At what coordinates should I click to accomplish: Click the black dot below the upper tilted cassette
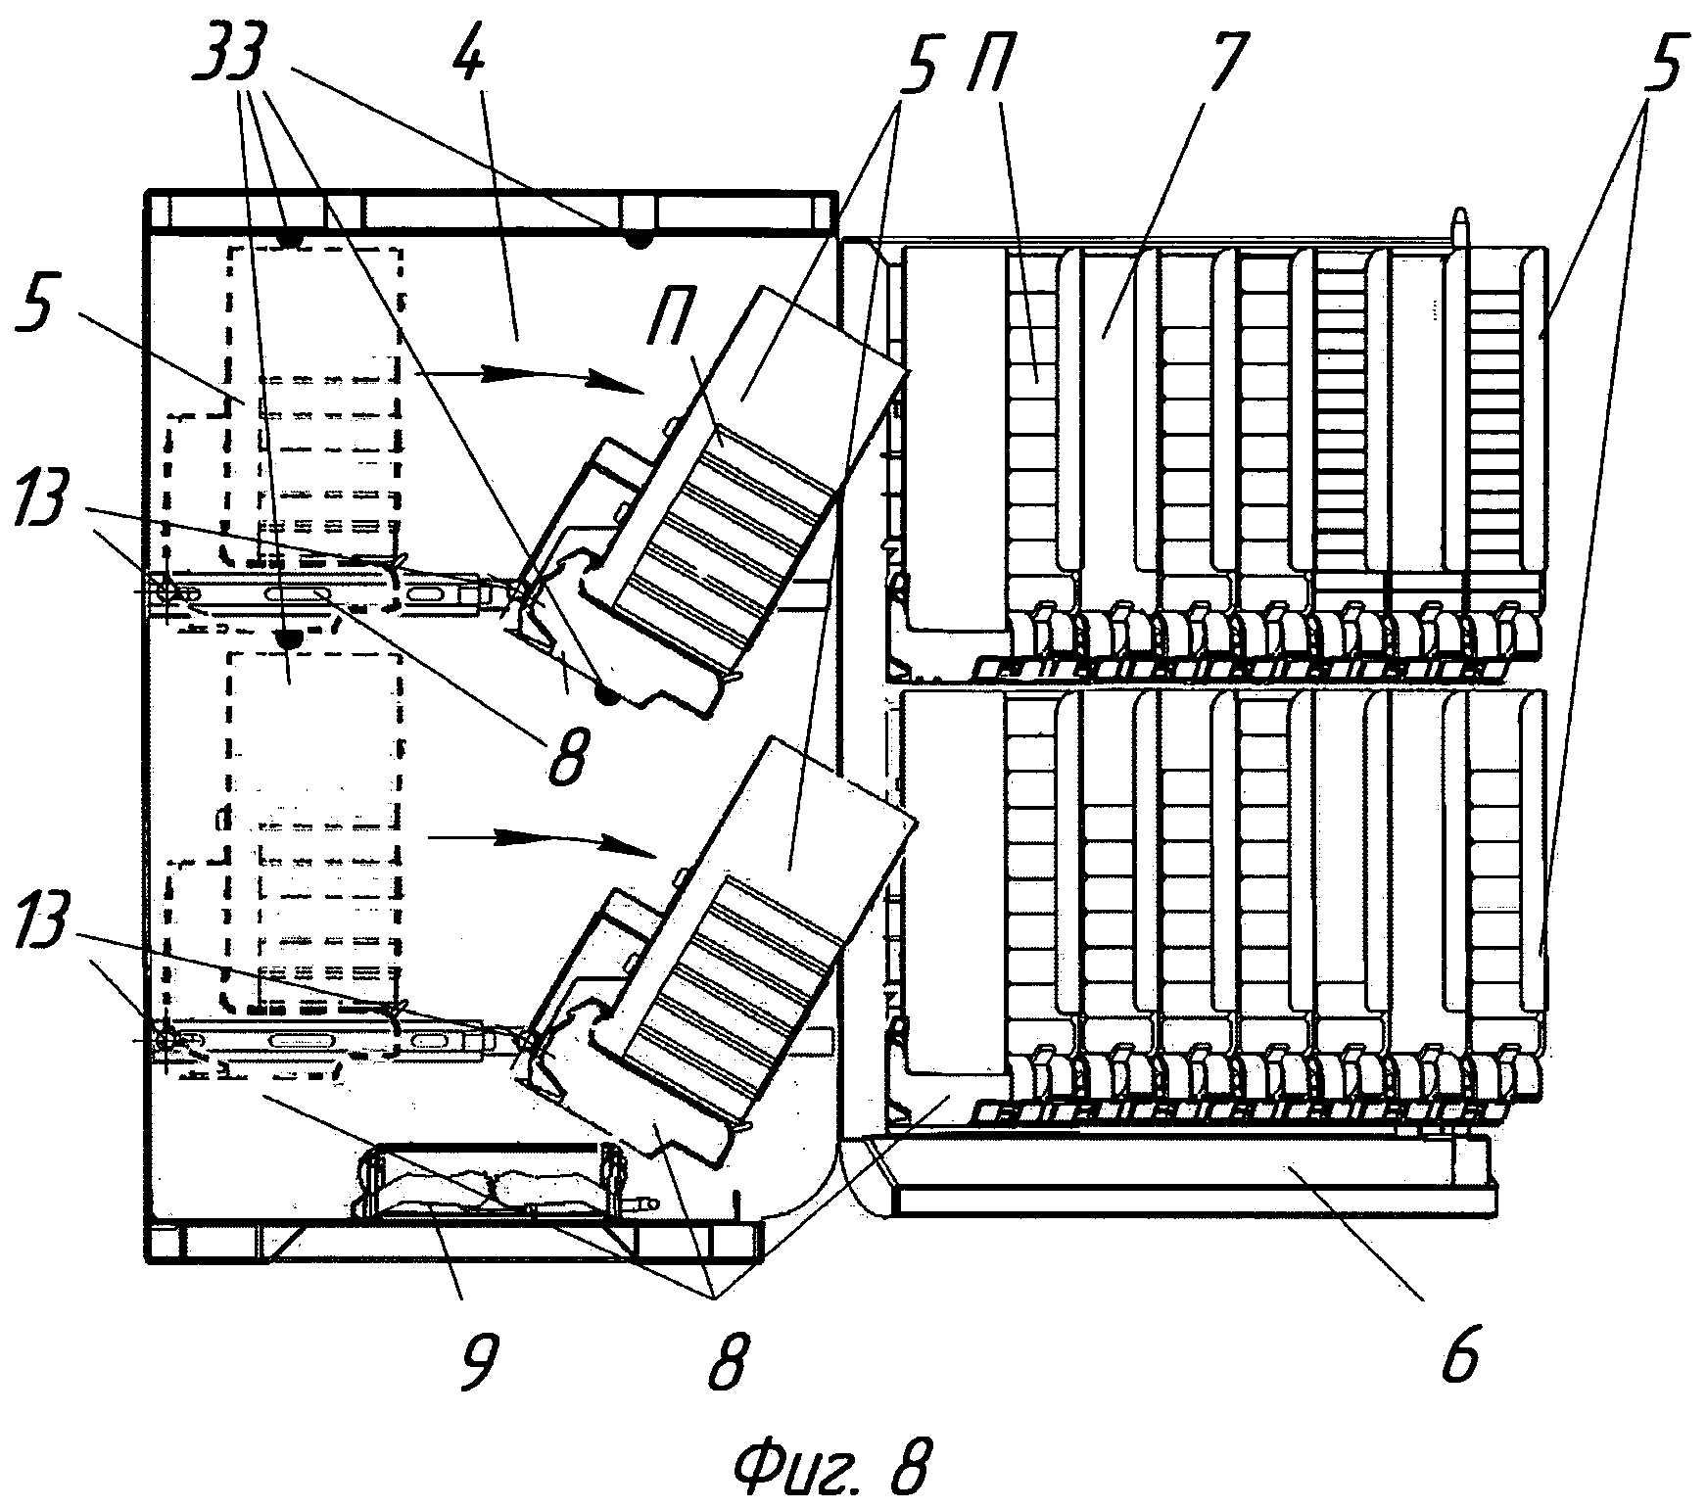pyautogui.click(x=606, y=694)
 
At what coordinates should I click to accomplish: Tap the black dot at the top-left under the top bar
pyautogui.click(x=288, y=239)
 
